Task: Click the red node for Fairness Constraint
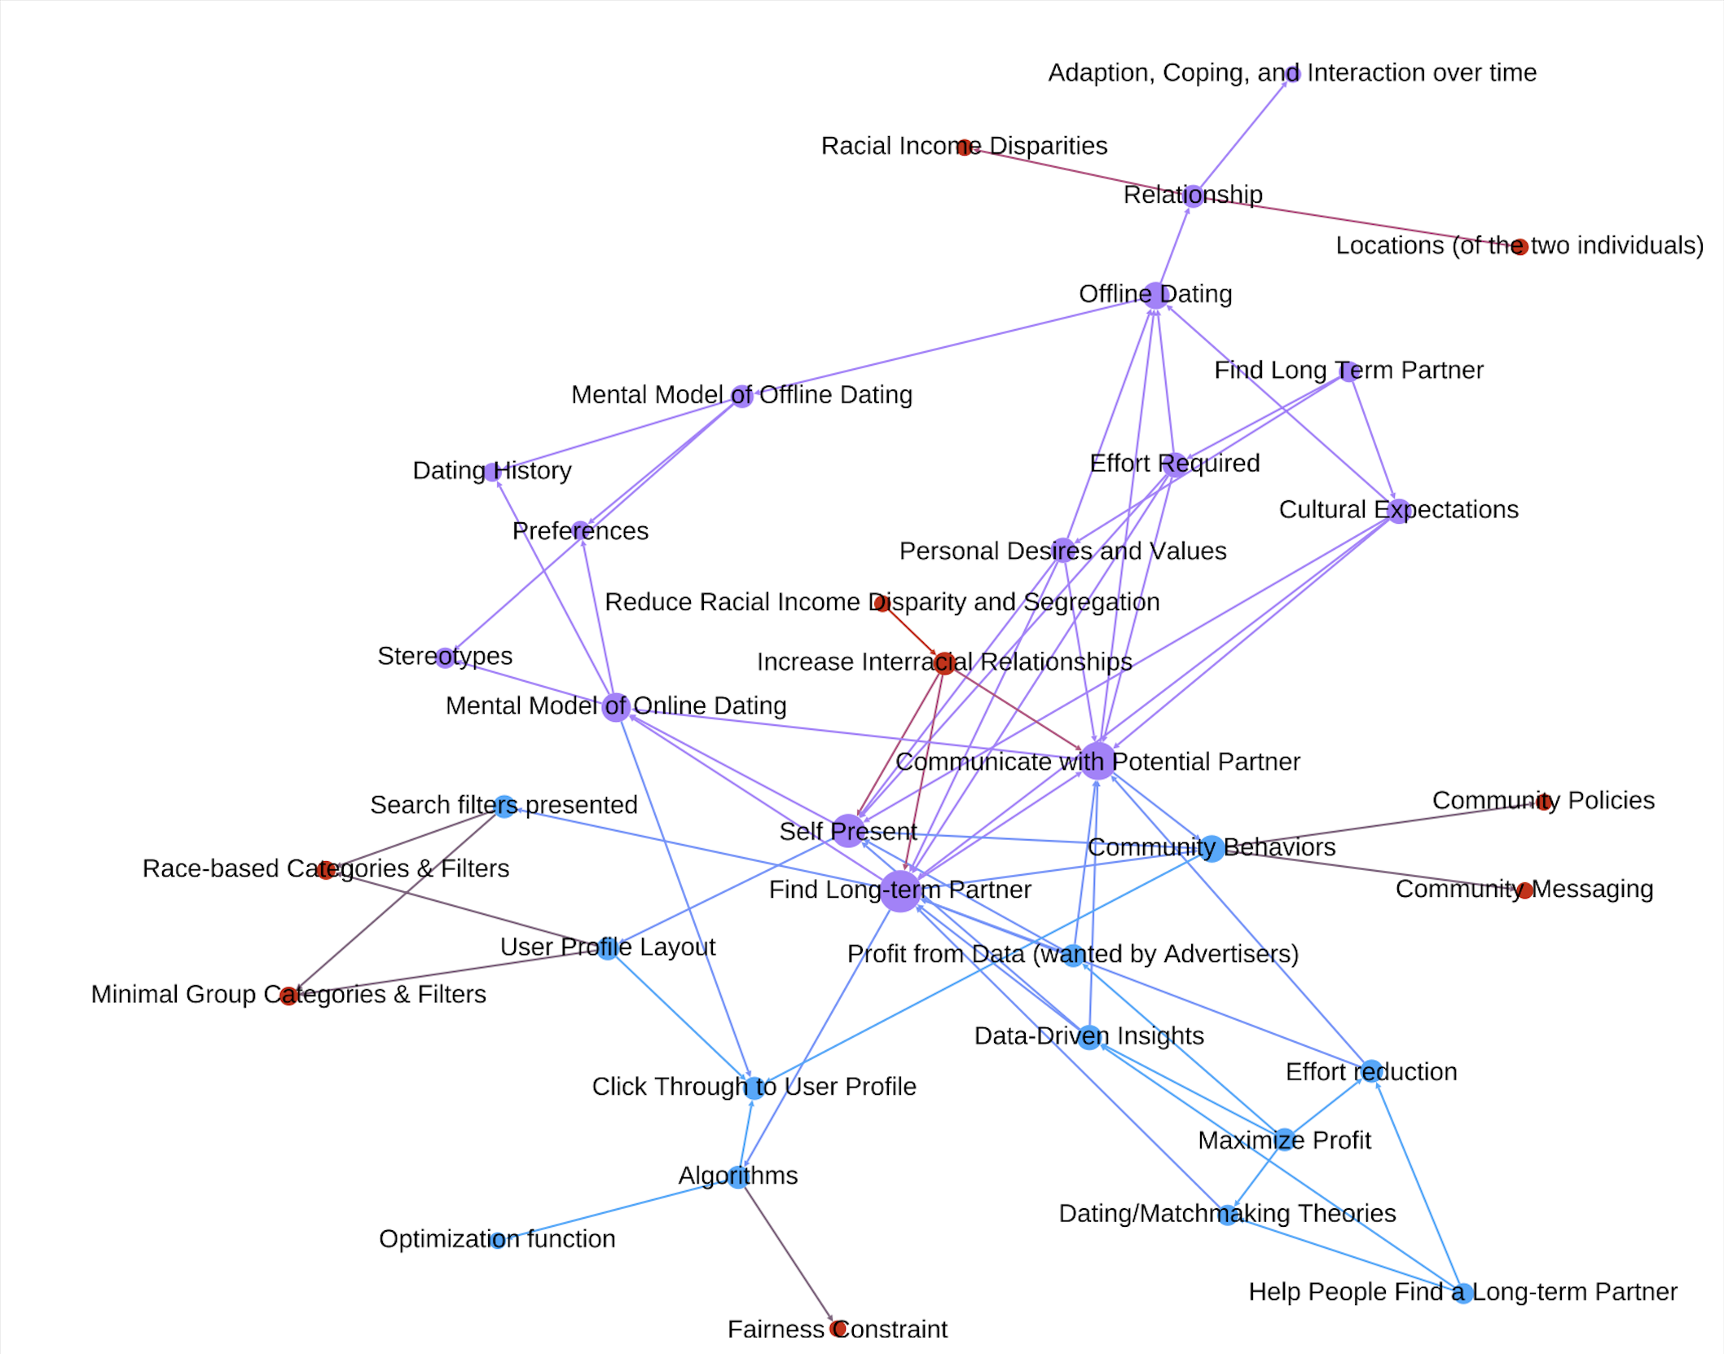tap(838, 1329)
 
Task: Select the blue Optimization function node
tap(498, 1240)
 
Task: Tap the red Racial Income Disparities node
tap(965, 147)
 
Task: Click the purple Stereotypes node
tap(445, 657)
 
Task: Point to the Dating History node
tap(492, 472)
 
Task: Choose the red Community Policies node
tap(1543, 802)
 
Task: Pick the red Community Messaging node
tap(1525, 890)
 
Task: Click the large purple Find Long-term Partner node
tap(900, 891)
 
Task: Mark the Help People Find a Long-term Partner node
tap(1462, 1293)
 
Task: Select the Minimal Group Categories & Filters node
tap(288, 996)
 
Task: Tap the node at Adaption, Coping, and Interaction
tap(1292, 74)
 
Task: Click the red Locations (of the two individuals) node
tap(1519, 246)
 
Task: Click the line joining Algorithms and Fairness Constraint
tap(787, 1252)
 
